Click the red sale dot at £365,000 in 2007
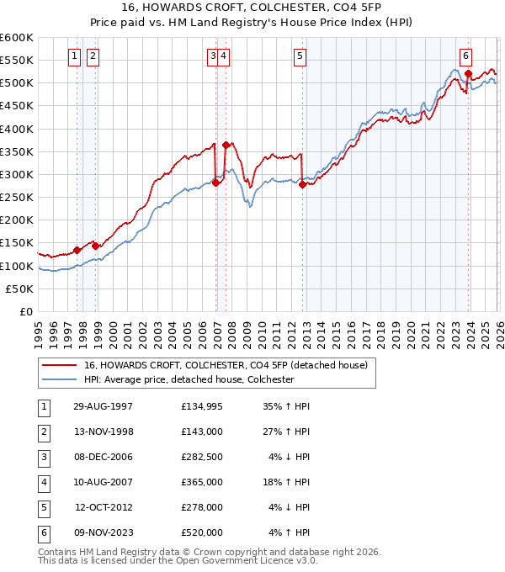point(226,145)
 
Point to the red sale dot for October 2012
point(302,185)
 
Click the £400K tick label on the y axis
point(17,129)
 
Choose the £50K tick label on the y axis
point(20,289)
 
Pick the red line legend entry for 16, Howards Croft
point(226,366)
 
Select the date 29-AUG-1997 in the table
point(103,406)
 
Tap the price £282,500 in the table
point(201,457)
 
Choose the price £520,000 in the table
point(201,532)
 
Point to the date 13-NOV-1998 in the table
point(103,432)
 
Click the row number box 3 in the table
point(43,457)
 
